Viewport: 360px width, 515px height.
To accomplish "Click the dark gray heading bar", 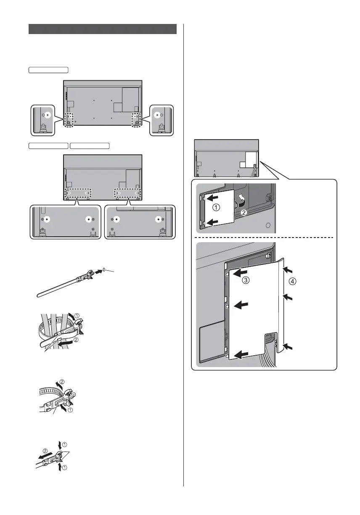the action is click(103, 29).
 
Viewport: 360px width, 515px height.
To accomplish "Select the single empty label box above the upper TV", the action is click(48, 69).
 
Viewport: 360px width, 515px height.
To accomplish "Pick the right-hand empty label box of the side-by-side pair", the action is click(90, 145).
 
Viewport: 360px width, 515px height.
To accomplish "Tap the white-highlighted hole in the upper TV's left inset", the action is click(48, 114).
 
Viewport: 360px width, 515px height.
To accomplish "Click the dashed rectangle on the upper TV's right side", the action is click(135, 119).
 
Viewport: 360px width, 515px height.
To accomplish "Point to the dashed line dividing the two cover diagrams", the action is click(265, 238).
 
